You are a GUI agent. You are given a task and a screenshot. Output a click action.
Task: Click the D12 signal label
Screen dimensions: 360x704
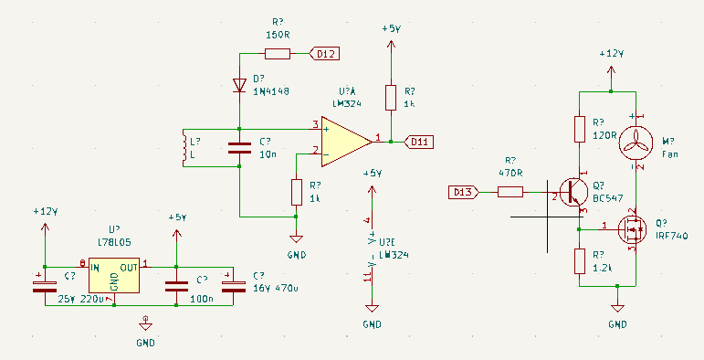coord(325,55)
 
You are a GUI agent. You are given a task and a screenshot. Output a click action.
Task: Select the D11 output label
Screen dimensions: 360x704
coord(418,142)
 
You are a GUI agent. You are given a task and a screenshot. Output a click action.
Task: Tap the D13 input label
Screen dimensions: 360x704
coord(462,192)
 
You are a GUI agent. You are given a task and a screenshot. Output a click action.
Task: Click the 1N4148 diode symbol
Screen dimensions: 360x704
coord(239,87)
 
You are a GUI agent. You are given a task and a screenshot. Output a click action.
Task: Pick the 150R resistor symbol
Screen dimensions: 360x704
coord(278,55)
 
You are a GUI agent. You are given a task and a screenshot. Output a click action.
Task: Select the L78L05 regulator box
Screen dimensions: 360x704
coord(114,277)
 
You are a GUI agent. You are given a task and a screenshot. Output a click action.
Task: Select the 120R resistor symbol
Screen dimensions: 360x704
coord(579,129)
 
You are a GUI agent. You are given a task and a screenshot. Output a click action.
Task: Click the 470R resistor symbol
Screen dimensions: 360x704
coord(510,192)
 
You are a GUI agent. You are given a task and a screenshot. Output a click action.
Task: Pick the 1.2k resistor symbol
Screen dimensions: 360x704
coord(579,261)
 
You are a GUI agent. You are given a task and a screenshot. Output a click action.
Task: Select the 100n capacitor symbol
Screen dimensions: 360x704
coord(176,284)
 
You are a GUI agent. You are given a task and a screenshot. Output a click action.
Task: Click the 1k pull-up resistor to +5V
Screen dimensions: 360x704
coord(391,98)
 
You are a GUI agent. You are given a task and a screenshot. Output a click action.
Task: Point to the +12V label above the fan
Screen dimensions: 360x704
coord(611,54)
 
